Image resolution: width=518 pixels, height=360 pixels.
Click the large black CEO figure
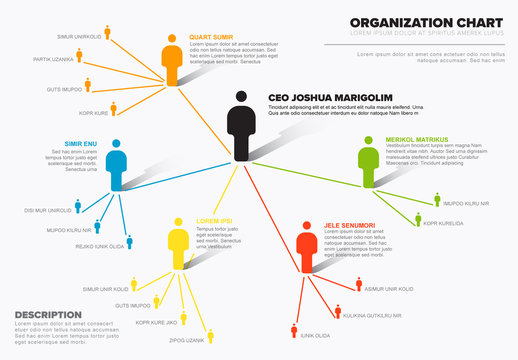pos(239,126)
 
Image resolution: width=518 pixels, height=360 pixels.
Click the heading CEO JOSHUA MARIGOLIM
pos(330,98)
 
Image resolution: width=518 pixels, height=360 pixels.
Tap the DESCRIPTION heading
pos(48,314)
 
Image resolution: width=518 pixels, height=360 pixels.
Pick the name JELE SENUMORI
pos(349,225)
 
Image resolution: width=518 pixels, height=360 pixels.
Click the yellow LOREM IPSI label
pos(214,220)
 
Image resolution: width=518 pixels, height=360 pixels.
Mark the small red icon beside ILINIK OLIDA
pos(294,330)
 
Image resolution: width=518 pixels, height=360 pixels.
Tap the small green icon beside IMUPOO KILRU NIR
pos(436,201)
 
